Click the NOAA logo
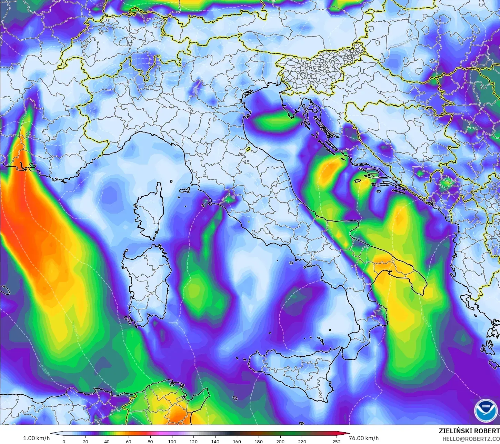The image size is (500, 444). (486, 410)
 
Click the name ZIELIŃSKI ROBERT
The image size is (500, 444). (469, 431)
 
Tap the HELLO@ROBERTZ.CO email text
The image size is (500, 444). (471, 438)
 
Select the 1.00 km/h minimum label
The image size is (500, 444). (36, 438)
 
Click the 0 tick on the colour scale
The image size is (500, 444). (64, 441)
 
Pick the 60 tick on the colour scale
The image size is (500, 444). (129, 441)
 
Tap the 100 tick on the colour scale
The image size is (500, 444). (172, 441)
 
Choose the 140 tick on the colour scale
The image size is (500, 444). (215, 441)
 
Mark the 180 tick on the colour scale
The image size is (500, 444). (259, 441)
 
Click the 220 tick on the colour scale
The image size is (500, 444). (302, 441)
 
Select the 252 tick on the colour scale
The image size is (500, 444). (336, 441)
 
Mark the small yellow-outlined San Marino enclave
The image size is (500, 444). (248, 149)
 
